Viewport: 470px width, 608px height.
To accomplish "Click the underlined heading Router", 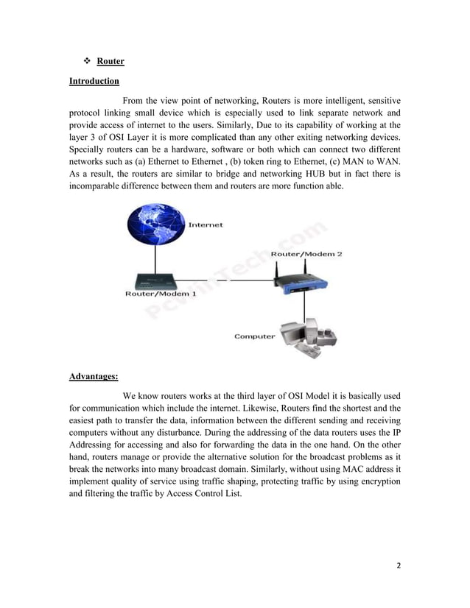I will point(111,61).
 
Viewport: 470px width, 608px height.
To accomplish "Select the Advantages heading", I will point(94,377).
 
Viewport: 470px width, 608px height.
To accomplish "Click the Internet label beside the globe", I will point(206,225).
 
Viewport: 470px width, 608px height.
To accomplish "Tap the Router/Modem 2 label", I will point(306,254).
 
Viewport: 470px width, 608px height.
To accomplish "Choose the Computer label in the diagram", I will point(255,336).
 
